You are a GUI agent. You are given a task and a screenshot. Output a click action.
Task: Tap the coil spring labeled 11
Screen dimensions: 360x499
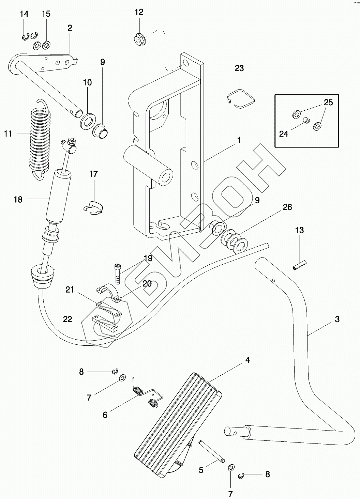pyautogui.click(x=41, y=139)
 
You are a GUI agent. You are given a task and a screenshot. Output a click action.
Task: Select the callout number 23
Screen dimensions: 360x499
pyautogui.click(x=239, y=68)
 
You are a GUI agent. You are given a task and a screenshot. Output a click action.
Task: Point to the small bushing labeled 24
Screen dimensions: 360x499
pyautogui.click(x=306, y=121)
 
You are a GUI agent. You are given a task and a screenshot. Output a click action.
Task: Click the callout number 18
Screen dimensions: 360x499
pyautogui.click(x=18, y=199)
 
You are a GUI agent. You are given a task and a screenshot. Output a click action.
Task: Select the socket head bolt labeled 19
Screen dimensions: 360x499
pyautogui.click(x=117, y=274)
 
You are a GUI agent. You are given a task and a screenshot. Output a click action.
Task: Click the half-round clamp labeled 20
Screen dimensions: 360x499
pyautogui.click(x=109, y=293)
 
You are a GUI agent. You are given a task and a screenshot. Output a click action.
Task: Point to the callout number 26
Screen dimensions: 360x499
pyautogui.click(x=287, y=207)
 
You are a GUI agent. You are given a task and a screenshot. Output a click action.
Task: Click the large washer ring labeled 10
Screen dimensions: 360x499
pyautogui.click(x=88, y=121)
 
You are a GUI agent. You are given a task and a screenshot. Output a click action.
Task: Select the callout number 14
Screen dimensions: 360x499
pyautogui.click(x=24, y=14)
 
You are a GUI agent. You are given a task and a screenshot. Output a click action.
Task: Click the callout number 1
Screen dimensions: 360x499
pyautogui.click(x=239, y=140)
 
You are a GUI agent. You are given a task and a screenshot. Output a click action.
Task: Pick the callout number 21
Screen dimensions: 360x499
pyautogui.click(x=70, y=290)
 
